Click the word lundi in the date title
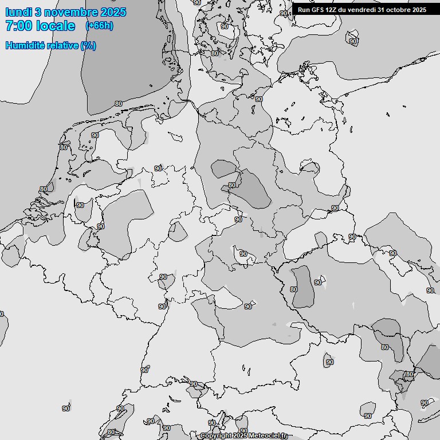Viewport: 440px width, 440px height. coord(18,13)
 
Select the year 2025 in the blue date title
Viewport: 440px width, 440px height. coord(112,13)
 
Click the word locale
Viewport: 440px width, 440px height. coord(56,26)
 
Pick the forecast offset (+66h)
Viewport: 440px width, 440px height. coord(99,26)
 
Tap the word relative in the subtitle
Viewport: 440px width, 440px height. coord(63,45)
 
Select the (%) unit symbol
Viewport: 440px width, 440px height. coord(88,45)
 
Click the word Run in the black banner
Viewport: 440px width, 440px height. coord(303,10)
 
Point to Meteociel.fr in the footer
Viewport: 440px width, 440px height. coord(269,436)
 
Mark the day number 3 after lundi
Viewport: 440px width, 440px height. coord(38,13)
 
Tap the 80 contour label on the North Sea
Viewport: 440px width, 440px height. coord(119,104)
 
